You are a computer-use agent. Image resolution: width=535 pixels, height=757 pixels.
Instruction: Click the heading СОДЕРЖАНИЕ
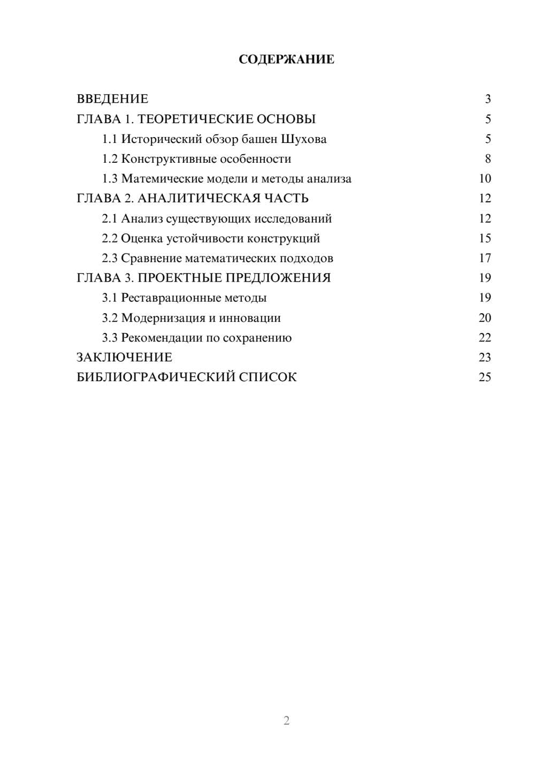tap(286, 59)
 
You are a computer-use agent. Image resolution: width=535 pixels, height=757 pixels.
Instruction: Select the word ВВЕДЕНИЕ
tap(112, 99)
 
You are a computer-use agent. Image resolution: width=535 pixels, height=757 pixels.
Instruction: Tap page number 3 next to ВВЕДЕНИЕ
tap(487, 99)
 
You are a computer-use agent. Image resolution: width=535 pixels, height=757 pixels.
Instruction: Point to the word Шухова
tap(303, 139)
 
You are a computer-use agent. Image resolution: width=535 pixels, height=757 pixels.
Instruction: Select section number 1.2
tap(110, 159)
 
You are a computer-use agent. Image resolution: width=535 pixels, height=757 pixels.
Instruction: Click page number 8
tap(487, 159)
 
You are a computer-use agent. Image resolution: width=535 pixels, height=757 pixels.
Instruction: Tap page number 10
tap(485, 179)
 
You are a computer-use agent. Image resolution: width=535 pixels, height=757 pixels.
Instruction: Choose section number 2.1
tap(110, 218)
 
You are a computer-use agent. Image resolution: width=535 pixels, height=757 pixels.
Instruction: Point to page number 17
tap(485, 258)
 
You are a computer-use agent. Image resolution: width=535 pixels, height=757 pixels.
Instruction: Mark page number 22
tap(485, 338)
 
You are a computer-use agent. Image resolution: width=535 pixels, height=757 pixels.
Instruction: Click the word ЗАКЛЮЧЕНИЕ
tap(124, 358)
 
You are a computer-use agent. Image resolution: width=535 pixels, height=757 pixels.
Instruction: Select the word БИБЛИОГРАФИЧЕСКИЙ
tap(156, 377)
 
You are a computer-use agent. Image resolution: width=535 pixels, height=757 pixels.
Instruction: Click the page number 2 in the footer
tap(286, 721)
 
